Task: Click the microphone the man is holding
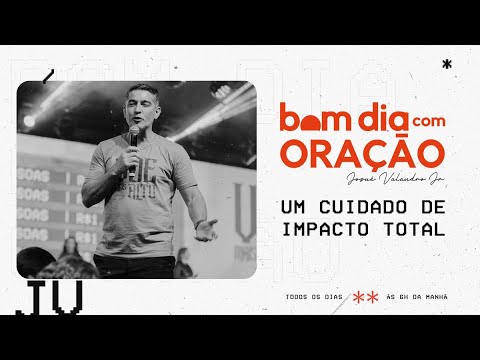134,135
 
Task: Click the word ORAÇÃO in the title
362,155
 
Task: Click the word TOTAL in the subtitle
409,227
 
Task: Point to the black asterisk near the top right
445,63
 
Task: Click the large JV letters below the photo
47,296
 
